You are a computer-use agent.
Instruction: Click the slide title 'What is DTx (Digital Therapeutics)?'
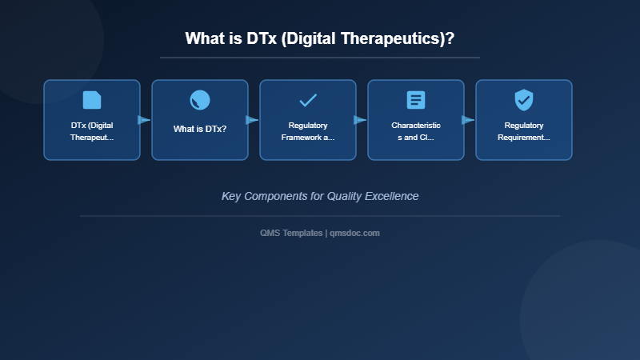(320, 38)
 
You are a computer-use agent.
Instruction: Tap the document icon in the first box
(92, 100)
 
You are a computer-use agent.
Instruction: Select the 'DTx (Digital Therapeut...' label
(92, 131)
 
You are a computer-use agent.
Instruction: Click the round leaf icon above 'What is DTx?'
(200, 100)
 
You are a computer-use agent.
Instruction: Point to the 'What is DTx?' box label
(200, 129)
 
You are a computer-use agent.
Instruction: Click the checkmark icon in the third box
(308, 100)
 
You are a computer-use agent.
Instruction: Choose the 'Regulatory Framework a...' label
(308, 131)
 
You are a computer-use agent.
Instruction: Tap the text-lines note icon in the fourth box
(416, 100)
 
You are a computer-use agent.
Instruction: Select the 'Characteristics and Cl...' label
(416, 131)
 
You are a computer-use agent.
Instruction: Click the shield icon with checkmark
(524, 100)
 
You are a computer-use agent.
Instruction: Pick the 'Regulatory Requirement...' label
(524, 131)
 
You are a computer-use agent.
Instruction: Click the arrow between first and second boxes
(144, 120)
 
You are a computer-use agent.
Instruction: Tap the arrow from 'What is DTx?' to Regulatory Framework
(252, 120)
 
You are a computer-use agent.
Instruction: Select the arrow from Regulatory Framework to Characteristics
(360, 120)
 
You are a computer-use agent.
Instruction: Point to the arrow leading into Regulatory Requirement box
(468, 120)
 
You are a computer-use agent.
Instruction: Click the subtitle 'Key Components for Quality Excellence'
(320, 196)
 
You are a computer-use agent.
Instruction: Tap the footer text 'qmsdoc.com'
(354, 233)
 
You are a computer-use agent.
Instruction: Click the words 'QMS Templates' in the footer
(291, 233)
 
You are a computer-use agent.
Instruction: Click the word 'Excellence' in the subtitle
(392, 196)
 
